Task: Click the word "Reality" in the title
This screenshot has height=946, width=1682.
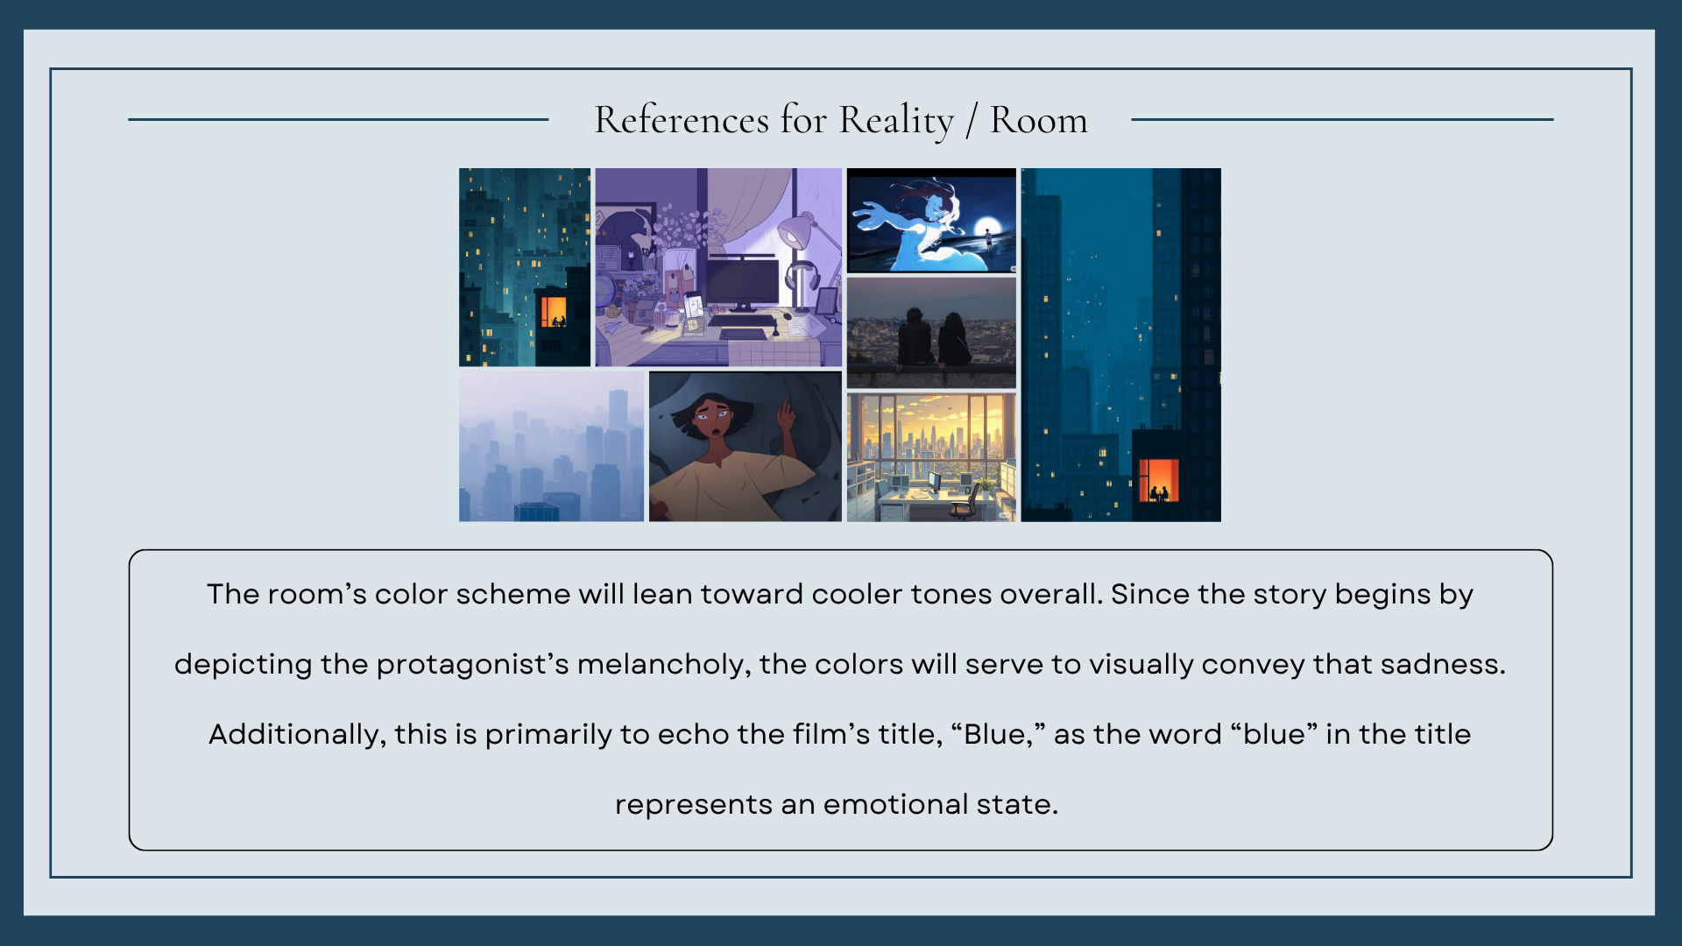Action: tap(895, 120)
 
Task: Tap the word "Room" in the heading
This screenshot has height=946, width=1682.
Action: tap(1038, 120)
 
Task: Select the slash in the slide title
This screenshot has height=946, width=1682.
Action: tap(972, 121)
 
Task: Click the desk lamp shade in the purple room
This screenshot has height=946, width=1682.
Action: tap(796, 230)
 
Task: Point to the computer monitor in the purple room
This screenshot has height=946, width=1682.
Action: tap(743, 282)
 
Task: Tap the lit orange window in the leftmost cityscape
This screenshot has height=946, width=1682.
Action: tap(554, 311)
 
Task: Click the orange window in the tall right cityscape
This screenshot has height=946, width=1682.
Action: tap(1159, 480)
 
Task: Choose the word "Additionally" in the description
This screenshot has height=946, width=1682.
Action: tap(297, 735)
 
